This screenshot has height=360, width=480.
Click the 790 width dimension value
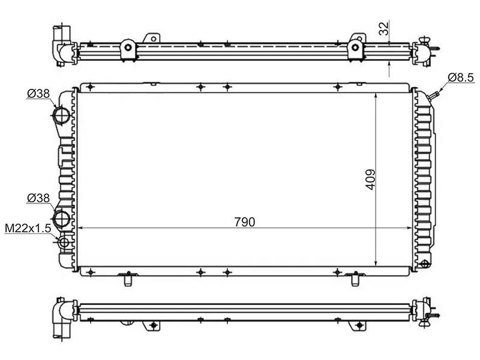(245, 221)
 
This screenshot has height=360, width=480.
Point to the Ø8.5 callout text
(461, 77)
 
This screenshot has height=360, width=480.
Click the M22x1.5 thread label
(28, 228)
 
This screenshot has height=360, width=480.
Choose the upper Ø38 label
(38, 93)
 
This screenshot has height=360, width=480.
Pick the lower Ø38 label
(38, 197)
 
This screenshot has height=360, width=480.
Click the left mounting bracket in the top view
(127, 48)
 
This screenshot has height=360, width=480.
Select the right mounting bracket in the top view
(356, 47)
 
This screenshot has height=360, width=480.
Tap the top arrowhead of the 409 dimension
(376, 96)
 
